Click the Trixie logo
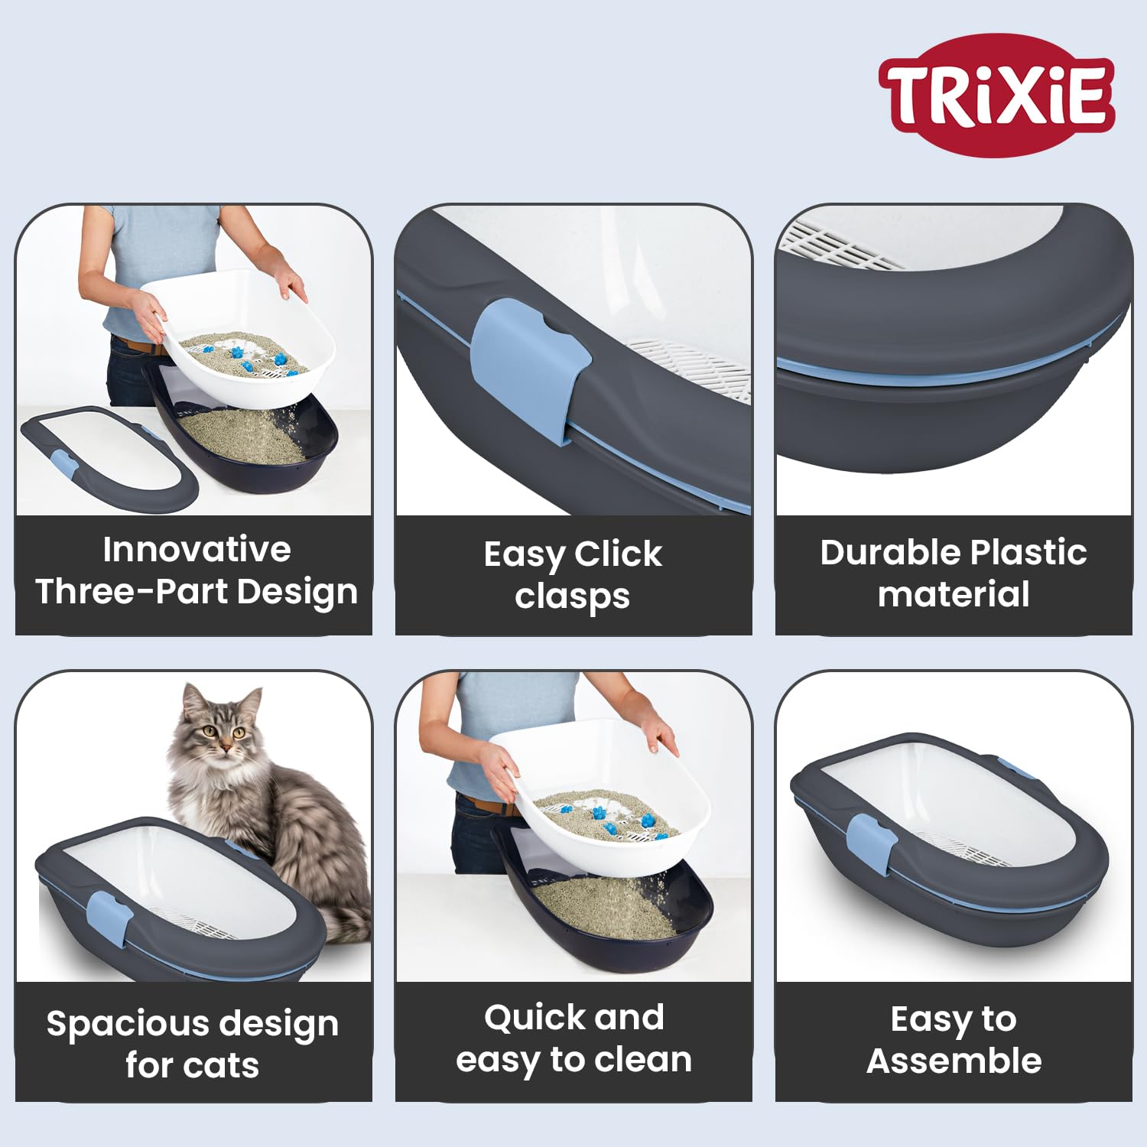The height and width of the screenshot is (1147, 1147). coord(996,95)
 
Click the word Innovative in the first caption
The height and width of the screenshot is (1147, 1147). coord(197,550)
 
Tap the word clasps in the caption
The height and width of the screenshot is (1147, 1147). coord(572,596)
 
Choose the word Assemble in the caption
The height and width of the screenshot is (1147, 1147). coord(954,1061)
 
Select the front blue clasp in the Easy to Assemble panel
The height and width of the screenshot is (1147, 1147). coord(872,844)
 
